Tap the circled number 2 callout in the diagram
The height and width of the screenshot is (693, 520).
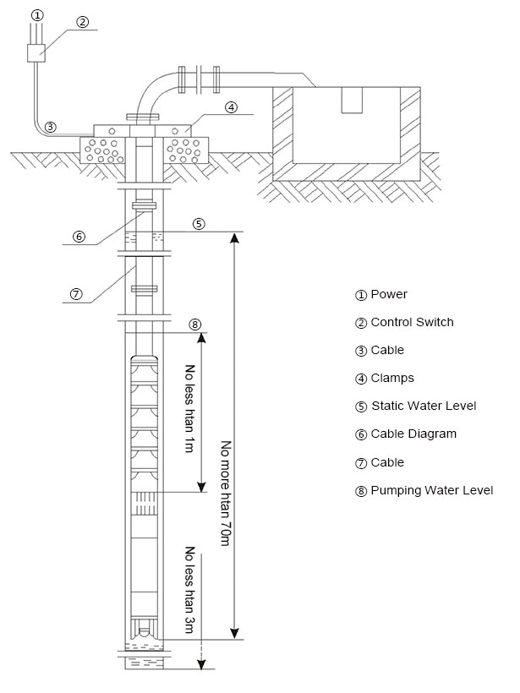82,23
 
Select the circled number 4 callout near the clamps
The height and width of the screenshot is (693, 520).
231,107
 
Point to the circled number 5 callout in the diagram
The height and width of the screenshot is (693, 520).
199,224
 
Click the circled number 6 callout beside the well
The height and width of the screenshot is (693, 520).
79,237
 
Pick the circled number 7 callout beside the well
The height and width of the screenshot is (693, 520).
75,294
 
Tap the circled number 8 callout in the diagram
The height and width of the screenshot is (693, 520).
195,325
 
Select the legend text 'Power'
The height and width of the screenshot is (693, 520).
388,295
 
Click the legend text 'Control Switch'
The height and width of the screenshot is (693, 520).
412,322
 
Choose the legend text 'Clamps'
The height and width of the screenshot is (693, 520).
392,378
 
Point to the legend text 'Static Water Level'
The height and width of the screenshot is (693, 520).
424,406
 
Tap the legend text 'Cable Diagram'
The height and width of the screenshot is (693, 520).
413,434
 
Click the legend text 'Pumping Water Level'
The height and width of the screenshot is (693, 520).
431,490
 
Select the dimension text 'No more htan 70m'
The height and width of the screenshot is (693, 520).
224,493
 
